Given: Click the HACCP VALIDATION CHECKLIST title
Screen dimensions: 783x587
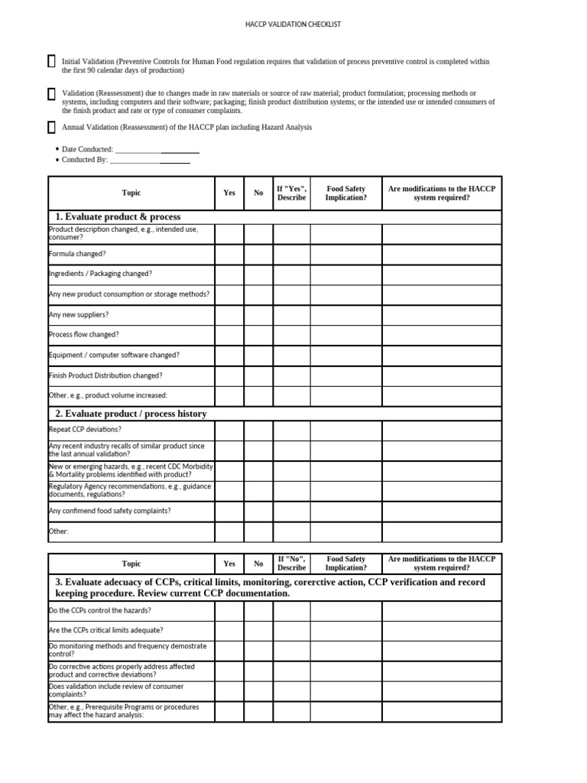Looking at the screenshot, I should [293, 24].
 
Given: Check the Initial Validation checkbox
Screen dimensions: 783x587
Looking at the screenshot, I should [51, 61].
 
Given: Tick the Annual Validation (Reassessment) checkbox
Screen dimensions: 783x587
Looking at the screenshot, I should [51, 128].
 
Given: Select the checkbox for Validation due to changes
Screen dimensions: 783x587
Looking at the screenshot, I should [51, 94].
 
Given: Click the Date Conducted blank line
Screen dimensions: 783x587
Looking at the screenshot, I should [157, 150].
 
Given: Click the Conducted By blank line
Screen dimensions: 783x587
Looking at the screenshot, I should [150, 161].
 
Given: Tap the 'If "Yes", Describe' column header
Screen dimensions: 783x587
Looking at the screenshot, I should [291, 193].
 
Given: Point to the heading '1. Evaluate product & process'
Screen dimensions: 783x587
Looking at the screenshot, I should [118, 217].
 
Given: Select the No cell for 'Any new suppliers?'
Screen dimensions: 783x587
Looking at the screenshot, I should [258, 314].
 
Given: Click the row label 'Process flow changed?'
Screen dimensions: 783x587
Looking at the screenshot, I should [84, 335].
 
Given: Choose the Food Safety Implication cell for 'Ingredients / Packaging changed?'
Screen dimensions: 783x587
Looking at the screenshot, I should [345, 274].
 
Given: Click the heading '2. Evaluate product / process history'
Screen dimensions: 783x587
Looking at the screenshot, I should [131, 414].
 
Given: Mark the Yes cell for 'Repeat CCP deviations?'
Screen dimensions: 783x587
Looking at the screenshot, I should [229, 430].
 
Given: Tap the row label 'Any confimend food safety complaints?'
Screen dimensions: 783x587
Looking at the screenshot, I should [110, 511].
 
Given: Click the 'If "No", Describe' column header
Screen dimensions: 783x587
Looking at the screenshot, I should [291, 564].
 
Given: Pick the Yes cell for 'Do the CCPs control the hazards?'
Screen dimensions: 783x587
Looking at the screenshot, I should [229, 611].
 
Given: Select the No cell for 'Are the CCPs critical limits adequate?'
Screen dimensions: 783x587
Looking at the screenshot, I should [258, 631].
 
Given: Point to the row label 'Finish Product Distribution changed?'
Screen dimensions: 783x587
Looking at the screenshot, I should [105, 375].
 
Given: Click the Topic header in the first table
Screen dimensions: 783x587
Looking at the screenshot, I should [131, 193].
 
